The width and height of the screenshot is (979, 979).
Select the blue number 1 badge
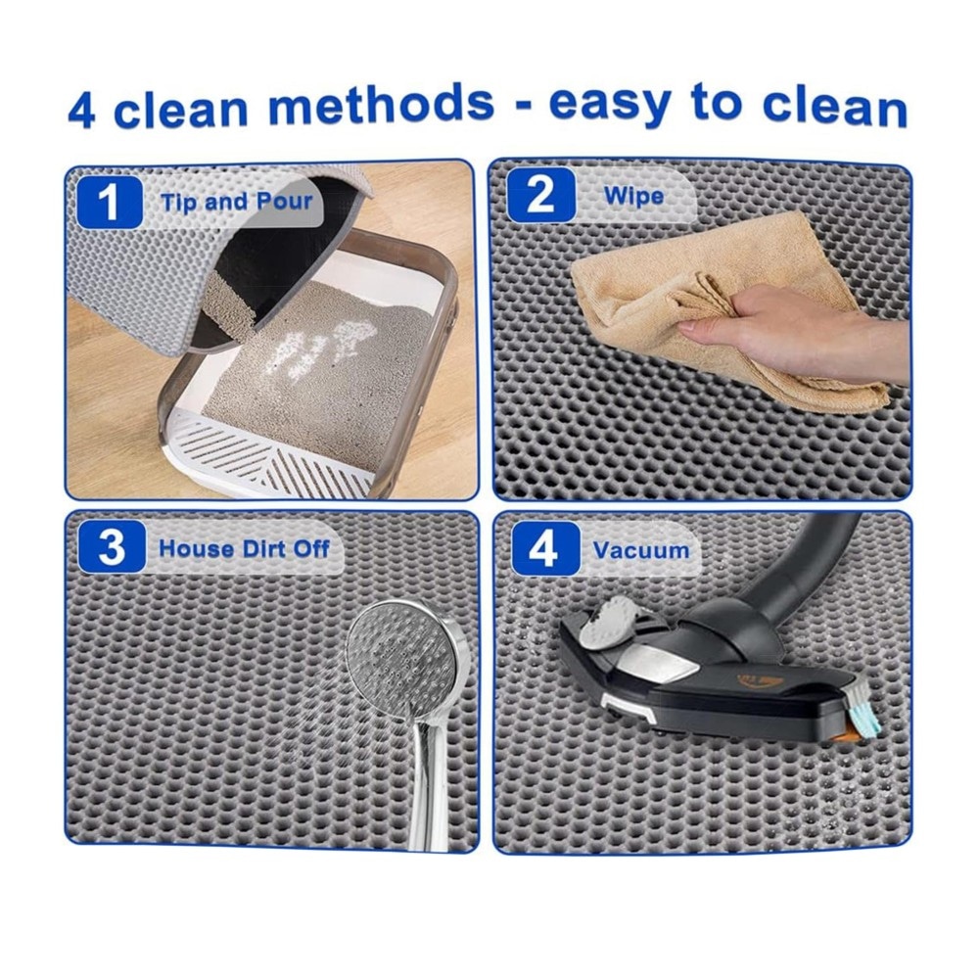tap(110, 201)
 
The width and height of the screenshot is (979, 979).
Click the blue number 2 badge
tap(540, 196)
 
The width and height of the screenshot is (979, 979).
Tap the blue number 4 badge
tap(545, 548)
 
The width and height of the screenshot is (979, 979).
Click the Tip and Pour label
tap(237, 202)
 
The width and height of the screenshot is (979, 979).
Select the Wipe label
tap(633, 196)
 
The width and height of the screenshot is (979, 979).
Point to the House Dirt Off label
tap(244, 549)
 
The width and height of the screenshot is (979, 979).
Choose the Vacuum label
tap(641, 550)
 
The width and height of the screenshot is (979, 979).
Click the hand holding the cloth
tap(793, 329)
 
